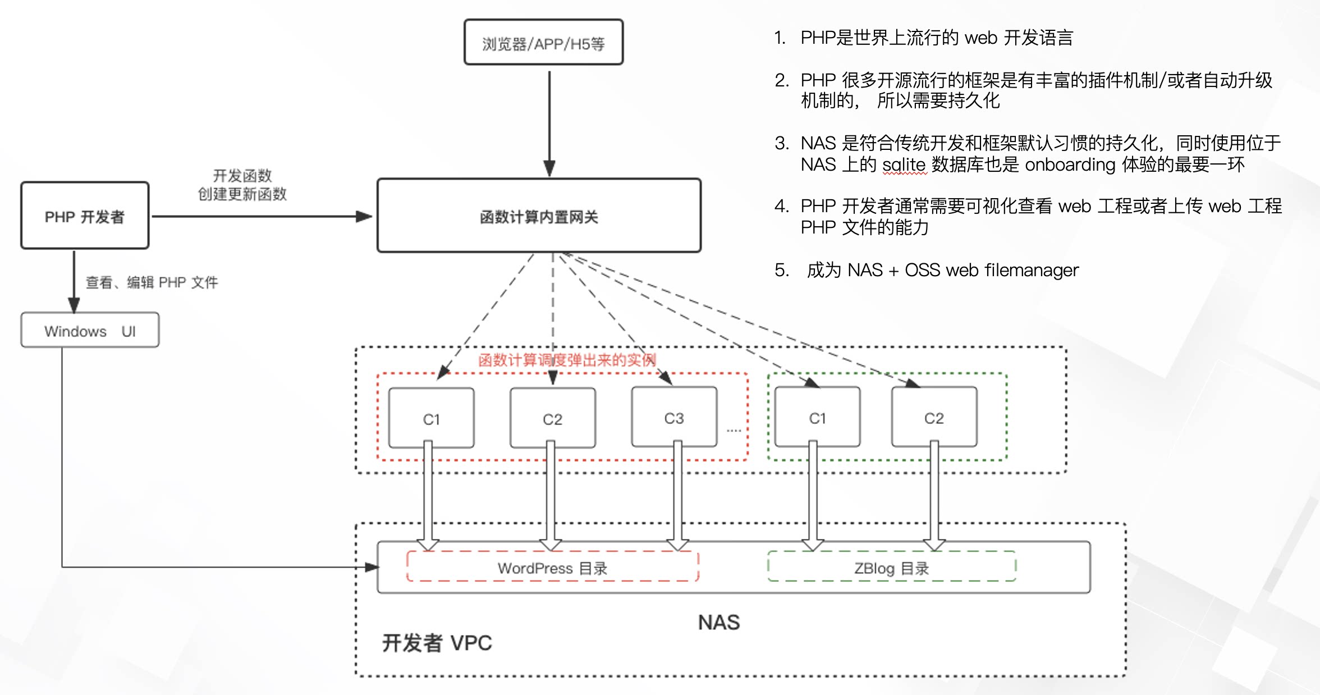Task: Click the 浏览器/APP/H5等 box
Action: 543,42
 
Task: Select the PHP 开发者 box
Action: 85,215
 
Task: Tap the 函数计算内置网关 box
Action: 539,216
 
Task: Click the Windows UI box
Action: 90,330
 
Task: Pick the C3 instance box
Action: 674,417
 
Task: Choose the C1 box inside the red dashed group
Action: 431,418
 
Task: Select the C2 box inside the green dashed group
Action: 934,417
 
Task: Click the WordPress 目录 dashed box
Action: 552,566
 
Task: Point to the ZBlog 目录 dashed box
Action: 892,566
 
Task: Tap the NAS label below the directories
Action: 719,622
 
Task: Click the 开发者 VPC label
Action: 437,643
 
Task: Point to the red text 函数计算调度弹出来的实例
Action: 567,360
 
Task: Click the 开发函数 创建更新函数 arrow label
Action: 242,185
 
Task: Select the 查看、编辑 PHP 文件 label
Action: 152,282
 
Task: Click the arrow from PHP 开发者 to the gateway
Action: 262,216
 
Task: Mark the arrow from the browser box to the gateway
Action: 549,124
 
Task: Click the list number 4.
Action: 782,206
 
